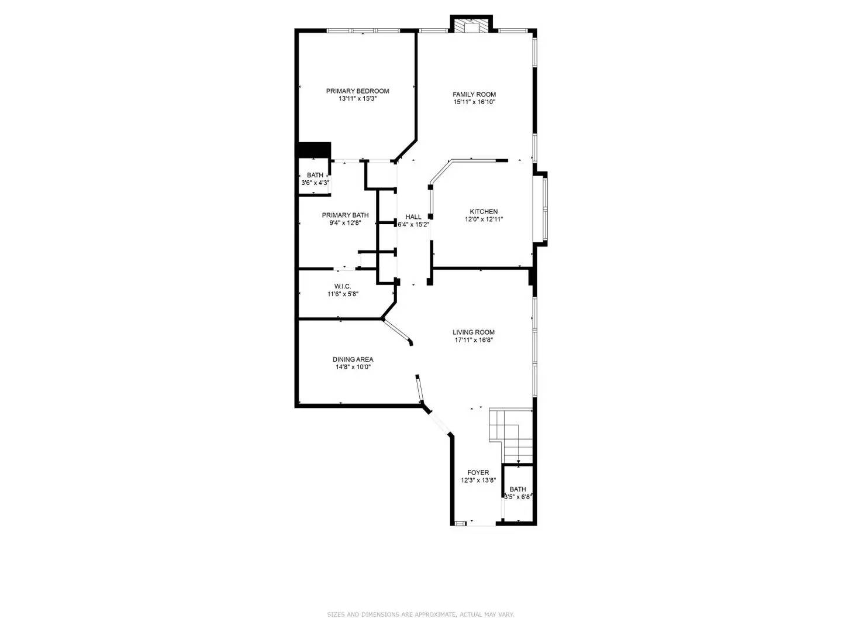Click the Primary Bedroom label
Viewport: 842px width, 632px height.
[357, 91]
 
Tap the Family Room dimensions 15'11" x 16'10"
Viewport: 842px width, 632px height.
[474, 102]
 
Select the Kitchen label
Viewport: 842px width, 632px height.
[484, 212]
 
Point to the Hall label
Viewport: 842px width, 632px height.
[413, 217]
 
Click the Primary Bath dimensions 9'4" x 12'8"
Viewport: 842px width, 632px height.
[345, 223]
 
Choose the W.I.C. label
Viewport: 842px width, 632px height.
[342, 286]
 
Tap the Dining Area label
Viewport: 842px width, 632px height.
[353, 359]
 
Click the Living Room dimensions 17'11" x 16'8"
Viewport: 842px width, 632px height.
[474, 340]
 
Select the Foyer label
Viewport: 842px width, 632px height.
[478, 473]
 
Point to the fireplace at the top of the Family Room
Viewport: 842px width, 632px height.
[471, 26]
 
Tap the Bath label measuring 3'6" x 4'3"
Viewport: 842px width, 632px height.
[315, 175]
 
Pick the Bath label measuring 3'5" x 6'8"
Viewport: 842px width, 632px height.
[517, 489]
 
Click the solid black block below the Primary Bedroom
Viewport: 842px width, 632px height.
[314, 150]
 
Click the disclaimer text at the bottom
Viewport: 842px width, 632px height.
[420, 614]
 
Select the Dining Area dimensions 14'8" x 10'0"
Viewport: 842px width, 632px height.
[352, 367]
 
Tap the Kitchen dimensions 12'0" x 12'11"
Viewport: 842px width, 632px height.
[484, 219]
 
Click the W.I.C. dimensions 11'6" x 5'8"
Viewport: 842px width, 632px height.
[343, 294]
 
